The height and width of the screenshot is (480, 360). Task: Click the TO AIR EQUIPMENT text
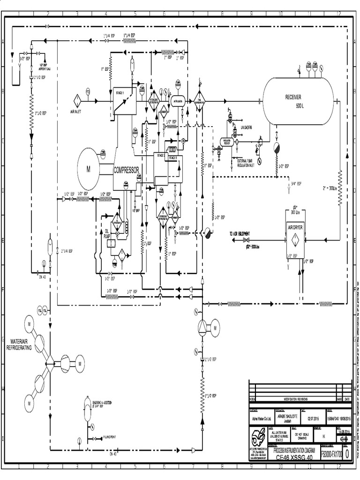(240, 233)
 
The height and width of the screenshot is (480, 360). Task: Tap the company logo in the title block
(257, 436)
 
